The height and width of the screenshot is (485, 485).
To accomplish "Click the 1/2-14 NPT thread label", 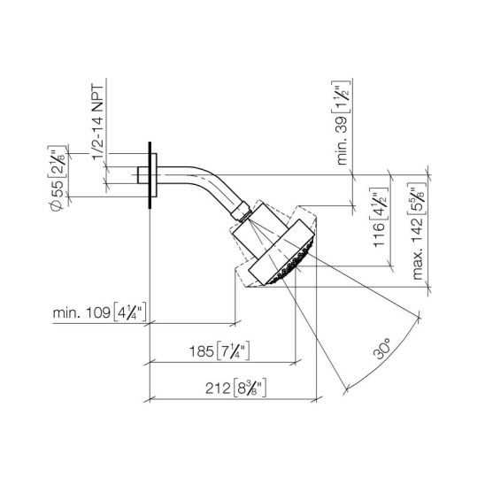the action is click(x=98, y=122).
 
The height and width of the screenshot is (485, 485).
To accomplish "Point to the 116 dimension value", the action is click(x=379, y=235).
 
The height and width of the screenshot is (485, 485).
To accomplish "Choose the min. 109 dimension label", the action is click(x=81, y=313).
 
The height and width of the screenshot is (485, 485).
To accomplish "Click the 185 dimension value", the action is click(x=201, y=351).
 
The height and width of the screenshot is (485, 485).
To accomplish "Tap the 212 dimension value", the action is click(x=218, y=389).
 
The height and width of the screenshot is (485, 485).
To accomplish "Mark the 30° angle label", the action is click(x=382, y=349).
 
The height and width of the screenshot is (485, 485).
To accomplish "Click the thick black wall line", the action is click(x=150, y=175).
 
